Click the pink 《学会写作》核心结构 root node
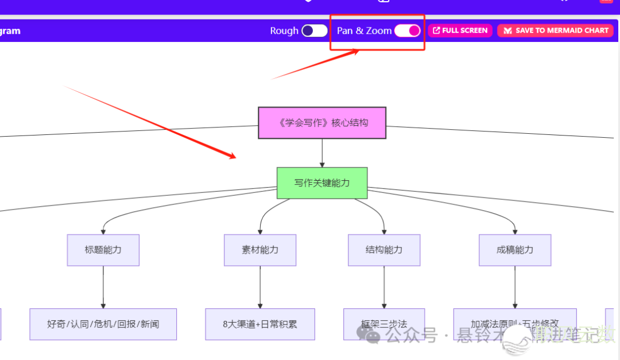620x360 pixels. tap(322, 123)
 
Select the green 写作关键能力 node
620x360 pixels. tap(322, 183)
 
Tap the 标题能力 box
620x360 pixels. tap(103, 250)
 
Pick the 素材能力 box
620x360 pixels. tap(260, 250)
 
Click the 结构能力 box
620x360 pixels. tap(384, 250)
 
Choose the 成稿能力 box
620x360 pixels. tap(515, 250)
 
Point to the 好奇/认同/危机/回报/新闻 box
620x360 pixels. tap(103, 324)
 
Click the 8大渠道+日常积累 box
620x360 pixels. tap(260, 324)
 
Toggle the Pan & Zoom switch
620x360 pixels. tap(408, 31)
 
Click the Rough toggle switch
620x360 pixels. tap(315, 31)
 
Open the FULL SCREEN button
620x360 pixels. tap(460, 30)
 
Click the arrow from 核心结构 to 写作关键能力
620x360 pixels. tap(322, 153)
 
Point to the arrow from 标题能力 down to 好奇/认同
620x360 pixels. tap(103, 287)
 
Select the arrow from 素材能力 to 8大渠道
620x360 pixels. tap(260, 287)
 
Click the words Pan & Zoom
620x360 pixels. tap(364, 31)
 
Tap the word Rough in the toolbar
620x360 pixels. tap(284, 31)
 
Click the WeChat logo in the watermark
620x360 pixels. tap(368, 334)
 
